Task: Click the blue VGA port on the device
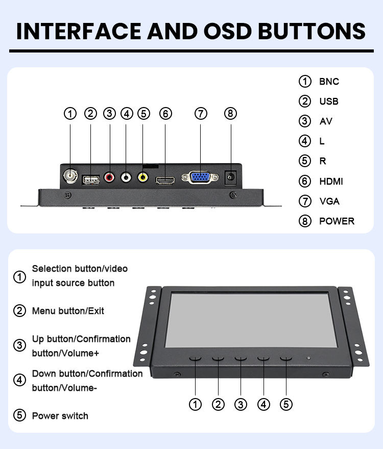(200, 177)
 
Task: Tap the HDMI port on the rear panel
(165, 180)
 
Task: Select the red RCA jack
(109, 177)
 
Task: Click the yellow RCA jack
(143, 178)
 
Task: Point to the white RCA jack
(126, 177)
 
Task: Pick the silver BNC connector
(70, 176)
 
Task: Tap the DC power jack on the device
(231, 177)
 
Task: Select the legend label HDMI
(331, 181)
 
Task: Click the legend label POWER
(337, 221)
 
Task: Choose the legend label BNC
(329, 82)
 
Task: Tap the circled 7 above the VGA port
(201, 114)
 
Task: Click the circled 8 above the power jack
(231, 114)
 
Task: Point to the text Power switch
(60, 416)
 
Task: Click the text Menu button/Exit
(68, 310)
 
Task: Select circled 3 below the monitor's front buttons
(241, 405)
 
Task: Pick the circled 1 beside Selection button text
(19, 277)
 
